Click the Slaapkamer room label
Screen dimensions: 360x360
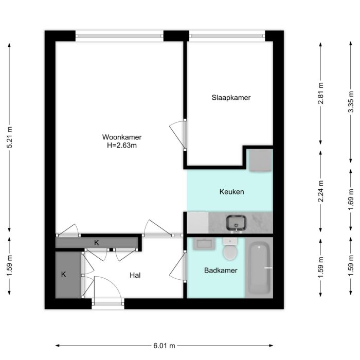231,97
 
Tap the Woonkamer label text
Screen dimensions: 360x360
122,137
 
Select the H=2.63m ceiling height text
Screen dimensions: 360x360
122,146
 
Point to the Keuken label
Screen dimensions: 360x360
231,192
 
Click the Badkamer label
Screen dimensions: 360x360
220,271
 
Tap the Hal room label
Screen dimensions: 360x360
135,276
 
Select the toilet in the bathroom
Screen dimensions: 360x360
230,251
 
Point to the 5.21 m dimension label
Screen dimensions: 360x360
9,137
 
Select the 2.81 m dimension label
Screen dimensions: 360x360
321,94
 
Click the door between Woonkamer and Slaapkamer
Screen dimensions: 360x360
177,135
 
